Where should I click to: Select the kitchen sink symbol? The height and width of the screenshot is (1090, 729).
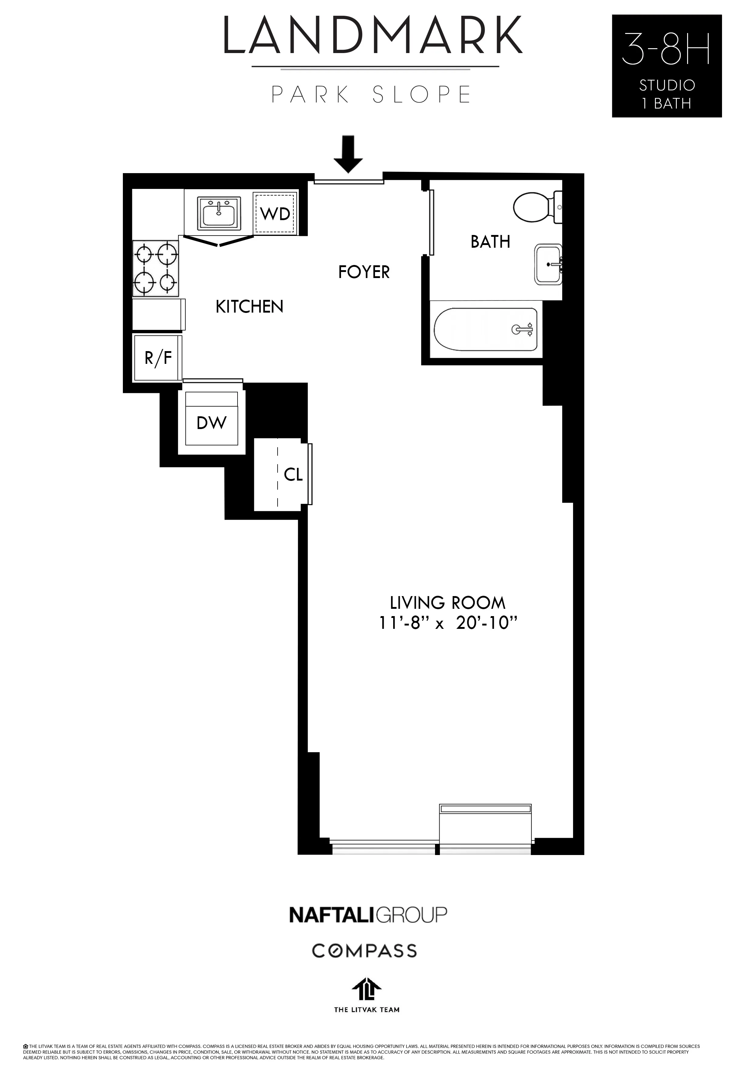tap(219, 213)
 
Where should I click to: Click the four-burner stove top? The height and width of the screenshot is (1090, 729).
tap(155, 268)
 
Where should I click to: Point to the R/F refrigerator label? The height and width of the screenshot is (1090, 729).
tap(158, 358)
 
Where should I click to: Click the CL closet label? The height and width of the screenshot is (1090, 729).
tap(293, 475)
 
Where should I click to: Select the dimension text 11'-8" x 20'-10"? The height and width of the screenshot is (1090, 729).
tap(448, 623)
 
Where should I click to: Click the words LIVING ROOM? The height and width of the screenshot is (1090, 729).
tap(447, 603)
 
